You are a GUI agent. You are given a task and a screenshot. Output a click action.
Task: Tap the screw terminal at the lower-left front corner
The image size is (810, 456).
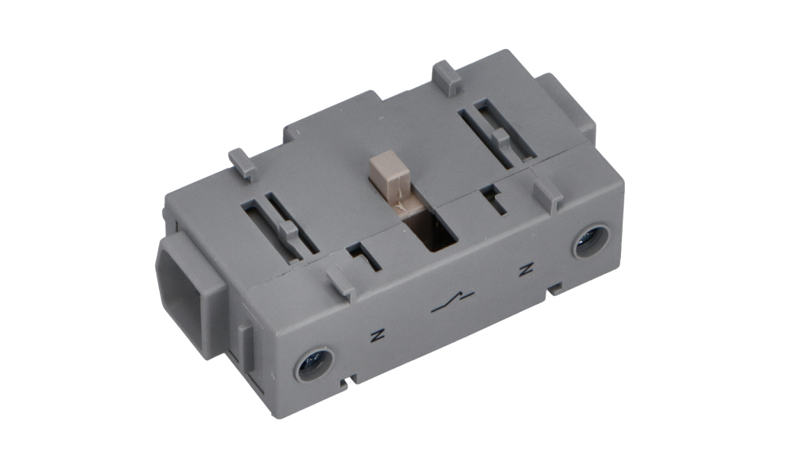(314, 365)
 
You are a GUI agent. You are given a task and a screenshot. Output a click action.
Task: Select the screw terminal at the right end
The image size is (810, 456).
(592, 241)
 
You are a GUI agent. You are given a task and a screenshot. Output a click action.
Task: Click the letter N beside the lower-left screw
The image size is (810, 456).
(378, 335)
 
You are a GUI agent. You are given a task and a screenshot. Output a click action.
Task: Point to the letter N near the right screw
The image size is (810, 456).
(526, 269)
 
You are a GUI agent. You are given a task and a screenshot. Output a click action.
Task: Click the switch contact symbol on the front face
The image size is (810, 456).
(452, 303)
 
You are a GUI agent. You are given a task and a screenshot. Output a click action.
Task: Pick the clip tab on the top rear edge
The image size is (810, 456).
(448, 78)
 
